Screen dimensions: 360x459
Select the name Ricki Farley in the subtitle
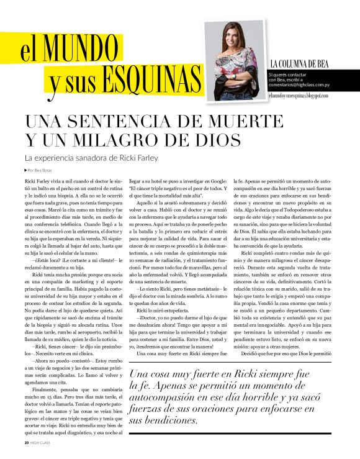(142, 157)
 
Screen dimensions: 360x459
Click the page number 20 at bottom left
(26, 443)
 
